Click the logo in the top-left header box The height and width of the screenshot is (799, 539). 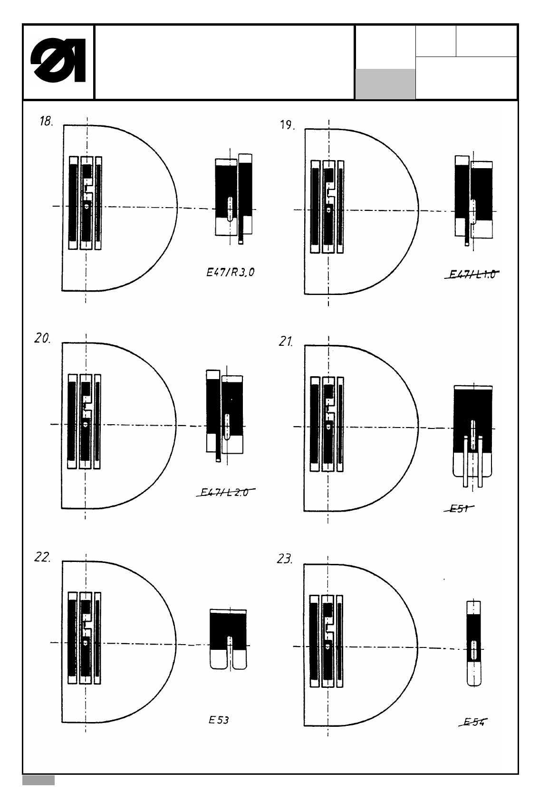(58, 63)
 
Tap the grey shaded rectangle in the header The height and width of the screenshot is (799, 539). (385, 84)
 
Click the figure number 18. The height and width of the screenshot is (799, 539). (46, 122)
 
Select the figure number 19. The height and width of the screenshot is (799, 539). (287, 126)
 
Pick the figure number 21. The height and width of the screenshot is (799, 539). (286, 342)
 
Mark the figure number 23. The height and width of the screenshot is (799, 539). (284, 559)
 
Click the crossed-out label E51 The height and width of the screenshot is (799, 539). (459, 509)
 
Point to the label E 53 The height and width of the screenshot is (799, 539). (219, 720)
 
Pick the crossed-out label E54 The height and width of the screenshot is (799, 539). (475, 723)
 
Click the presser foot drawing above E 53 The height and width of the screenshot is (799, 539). (228, 639)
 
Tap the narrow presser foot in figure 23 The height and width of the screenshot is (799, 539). (473, 644)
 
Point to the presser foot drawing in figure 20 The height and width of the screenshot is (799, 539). (225, 413)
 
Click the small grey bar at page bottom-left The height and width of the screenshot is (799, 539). (38, 780)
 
